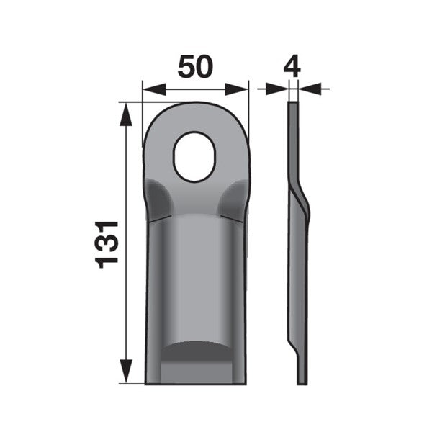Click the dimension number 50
pyautogui.click(x=195, y=66)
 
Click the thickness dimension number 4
pyautogui.click(x=292, y=66)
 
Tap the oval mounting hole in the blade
pyautogui.click(x=194, y=157)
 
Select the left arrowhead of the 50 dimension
pyautogui.click(x=154, y=89)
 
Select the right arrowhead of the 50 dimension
pyautogui.click(x=237, y=89)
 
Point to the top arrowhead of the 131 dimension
pyautogui.click(x=126, y=114)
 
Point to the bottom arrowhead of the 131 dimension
pyautogui.click(x=126, y=371)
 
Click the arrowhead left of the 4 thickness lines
pyautogui.click(x=276, y=89)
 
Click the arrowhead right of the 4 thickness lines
pyautogui.click(x=310, y=89)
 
